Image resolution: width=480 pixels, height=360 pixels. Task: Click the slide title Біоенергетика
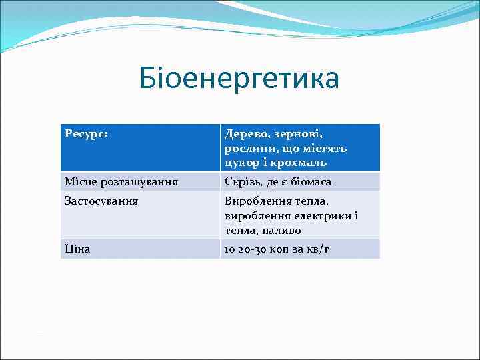coord(239,79)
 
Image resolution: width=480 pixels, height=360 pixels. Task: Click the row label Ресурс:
coord(87,134)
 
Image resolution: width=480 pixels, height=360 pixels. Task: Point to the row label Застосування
coord(101,201)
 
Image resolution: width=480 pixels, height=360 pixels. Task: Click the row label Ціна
coord(77,249)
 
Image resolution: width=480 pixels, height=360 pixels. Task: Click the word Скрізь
coord(241,182)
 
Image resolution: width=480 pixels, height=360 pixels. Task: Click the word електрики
coord(318,215)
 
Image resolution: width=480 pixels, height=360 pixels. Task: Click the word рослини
coord(247,149)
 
